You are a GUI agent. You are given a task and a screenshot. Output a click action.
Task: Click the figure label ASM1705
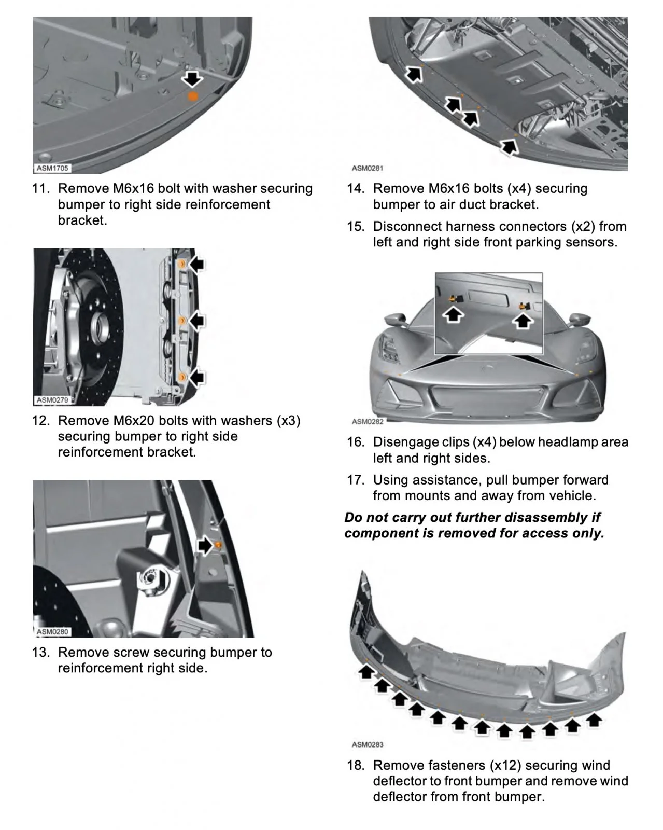[52, 168]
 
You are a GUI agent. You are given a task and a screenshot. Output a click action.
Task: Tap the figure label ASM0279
[52, 400]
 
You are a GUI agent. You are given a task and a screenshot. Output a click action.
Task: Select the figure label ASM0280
[52, 632]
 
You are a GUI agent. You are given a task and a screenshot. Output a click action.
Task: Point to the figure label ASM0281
[368, 168]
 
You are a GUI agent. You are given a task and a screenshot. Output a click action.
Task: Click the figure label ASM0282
[368, 422]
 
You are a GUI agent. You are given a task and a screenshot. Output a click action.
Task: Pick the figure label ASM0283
[368, 744]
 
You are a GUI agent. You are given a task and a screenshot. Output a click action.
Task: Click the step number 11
[40, 188]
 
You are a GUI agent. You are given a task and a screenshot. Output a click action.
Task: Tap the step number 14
[356, 188]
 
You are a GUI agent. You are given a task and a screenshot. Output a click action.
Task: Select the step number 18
[356, 765]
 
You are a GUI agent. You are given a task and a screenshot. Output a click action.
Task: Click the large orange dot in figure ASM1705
[192, 96]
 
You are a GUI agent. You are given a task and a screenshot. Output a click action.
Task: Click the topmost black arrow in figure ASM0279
[196, 265]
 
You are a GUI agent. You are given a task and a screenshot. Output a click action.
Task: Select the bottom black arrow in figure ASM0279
[196, 377]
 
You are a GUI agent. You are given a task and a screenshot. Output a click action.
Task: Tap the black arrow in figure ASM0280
[206, 545]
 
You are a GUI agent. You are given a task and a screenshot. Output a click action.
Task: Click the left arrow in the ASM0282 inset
[454, 313]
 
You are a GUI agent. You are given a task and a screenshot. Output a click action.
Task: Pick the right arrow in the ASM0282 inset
[523, 320]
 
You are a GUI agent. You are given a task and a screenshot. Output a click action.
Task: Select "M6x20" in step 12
[131, 420]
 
